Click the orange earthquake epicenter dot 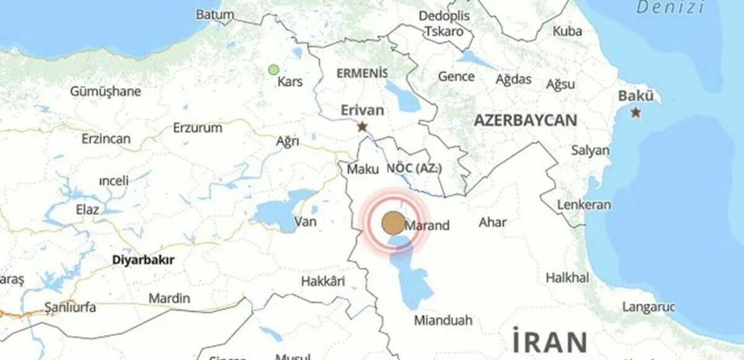coord(392,222)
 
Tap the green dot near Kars coord(273,70)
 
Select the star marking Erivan coord(363,126)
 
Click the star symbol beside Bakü coord(635,113)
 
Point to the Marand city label coord(428,226)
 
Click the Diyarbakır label coord(143,260)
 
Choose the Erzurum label coord(197,128)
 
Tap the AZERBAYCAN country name coord(525,121)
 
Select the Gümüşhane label coord(105,92)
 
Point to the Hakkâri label coord(322,282)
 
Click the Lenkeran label coord(583,204)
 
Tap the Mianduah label coord(443,320)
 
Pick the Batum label coord(215,14)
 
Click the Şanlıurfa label coord(69,308)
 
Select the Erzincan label coord(106,139)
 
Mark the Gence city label coord(456,77)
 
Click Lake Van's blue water coord(279,214)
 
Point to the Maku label coord(363,169)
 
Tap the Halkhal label coord(567,278)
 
